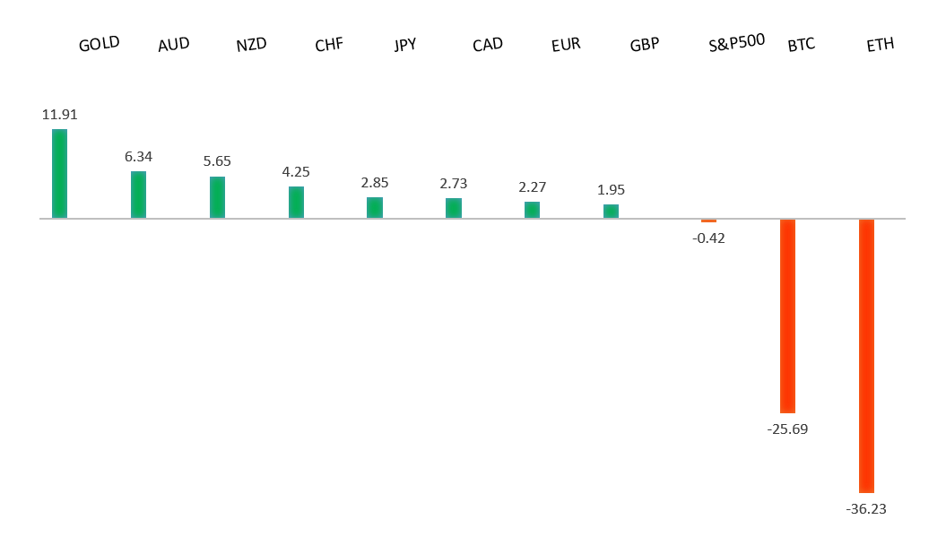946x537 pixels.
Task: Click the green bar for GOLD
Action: click(x=59, y=173)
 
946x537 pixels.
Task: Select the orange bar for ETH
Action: click(x=866, y=355)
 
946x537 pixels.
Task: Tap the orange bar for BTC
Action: click(x=787, y=316)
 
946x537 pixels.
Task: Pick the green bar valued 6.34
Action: click(x=138, y=195)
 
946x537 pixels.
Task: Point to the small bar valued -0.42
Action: click(x=708, y=221)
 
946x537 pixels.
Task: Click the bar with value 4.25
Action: click(x=296, y=202)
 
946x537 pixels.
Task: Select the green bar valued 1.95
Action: click(x=611, y=211)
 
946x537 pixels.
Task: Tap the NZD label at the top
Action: click(x=251, y=45)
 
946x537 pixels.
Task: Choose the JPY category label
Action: click(x=405, y=44)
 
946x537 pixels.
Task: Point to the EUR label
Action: click(x=566, y=44)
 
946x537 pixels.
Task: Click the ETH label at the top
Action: click(x=880, y=44)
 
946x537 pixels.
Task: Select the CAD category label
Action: click(x=487, y=44)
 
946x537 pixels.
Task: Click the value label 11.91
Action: click(x=59, y=115)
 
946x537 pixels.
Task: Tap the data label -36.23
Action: click(x=866, y=509)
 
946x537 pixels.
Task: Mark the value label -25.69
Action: click(x=787, y=429)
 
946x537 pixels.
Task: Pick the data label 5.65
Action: click(x=217, y=161)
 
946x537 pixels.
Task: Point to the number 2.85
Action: click(x=376, y=183)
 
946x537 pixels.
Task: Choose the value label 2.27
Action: click(x=532, y=187)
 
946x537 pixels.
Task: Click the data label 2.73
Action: click(x=453, y=184)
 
